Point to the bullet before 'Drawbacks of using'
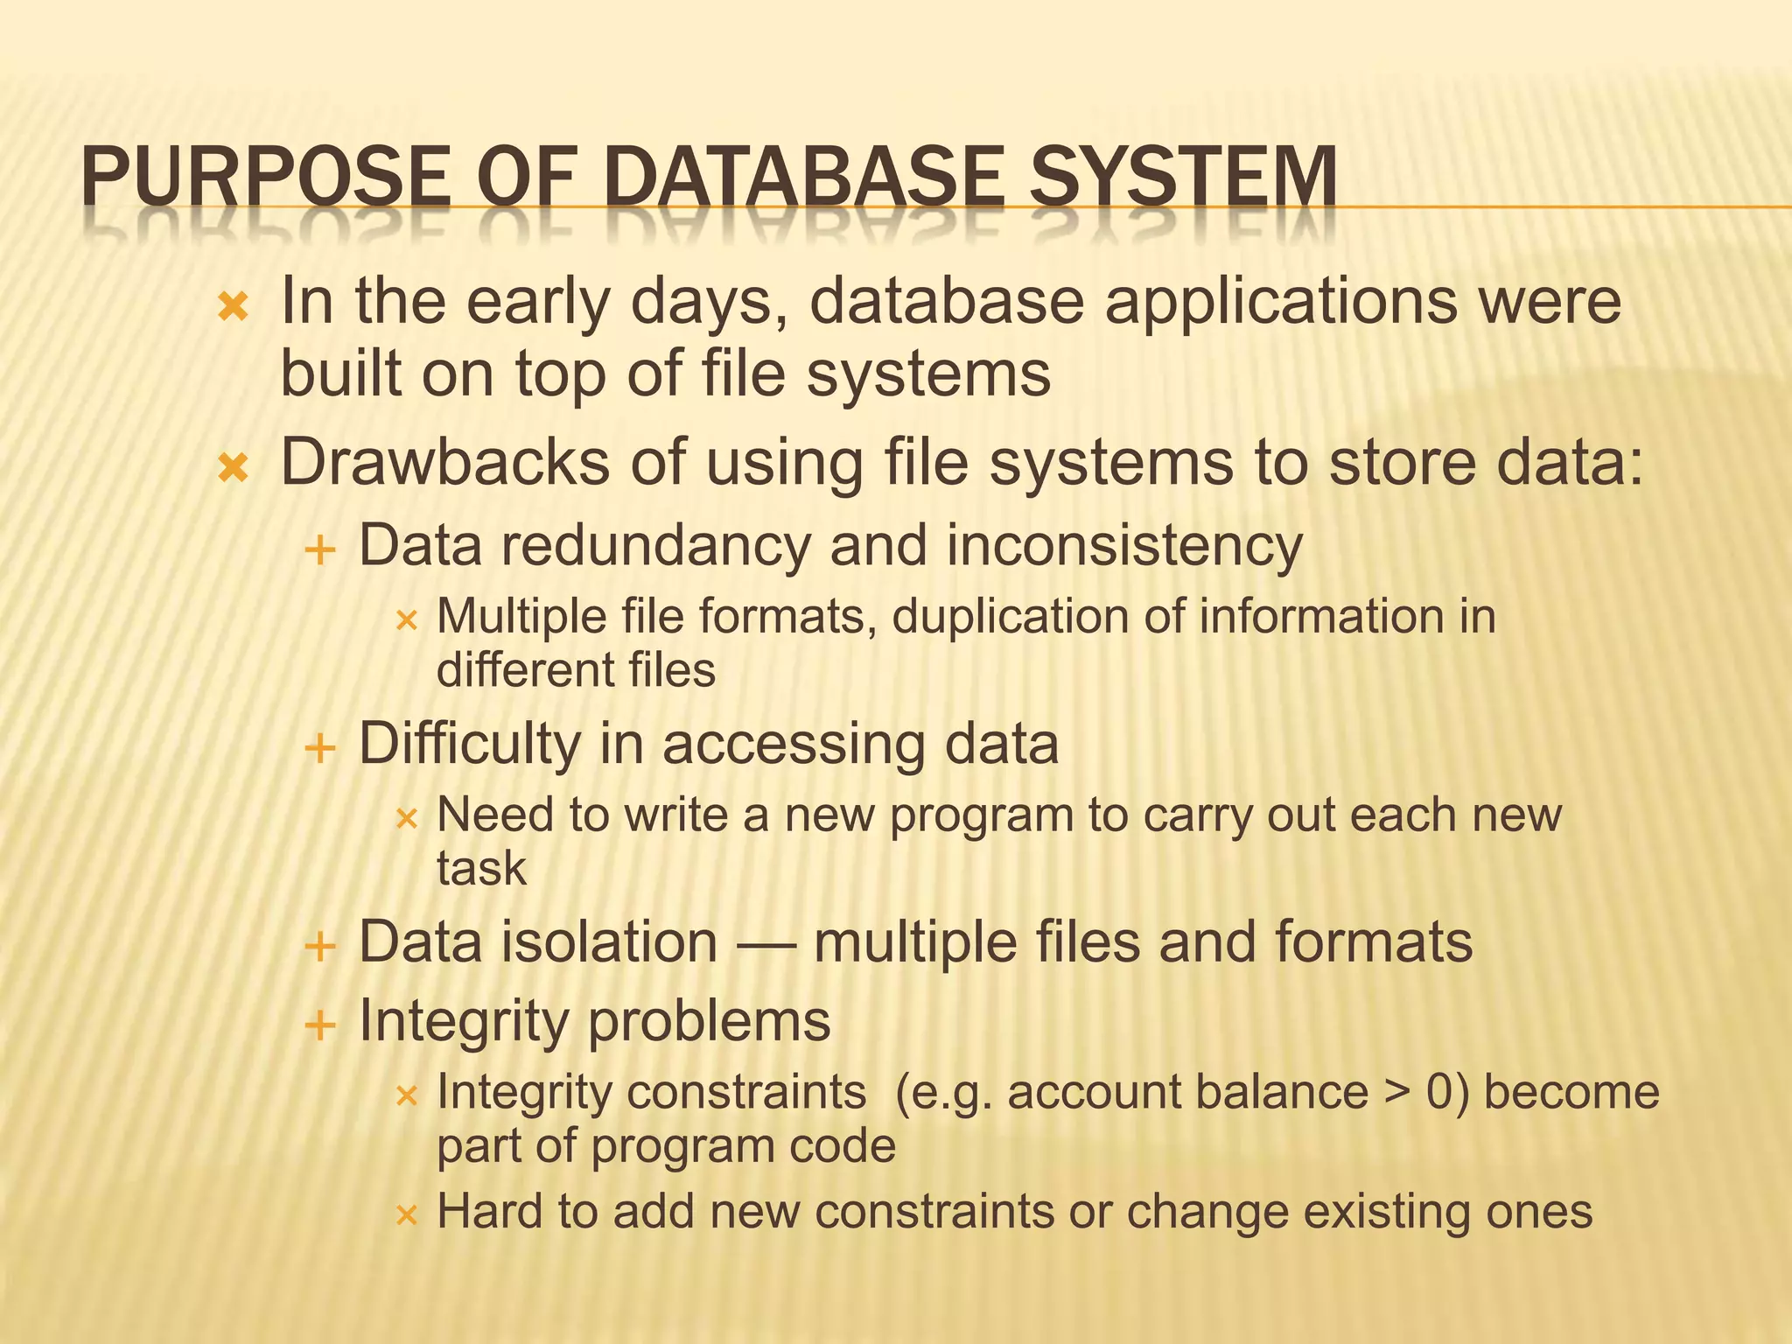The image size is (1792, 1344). [234, 469]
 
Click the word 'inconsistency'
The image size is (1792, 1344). [1124, 545]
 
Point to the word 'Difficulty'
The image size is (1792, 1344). [469, 744]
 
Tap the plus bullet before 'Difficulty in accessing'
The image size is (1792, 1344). [320, 749]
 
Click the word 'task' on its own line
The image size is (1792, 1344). [481, 869]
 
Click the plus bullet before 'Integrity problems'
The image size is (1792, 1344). [320, 1025]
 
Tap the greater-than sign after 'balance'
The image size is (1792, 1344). [1397, 1094]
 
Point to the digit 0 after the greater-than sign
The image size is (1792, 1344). [1441, 1092]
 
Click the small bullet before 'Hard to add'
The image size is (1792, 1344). [407, 1215]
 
